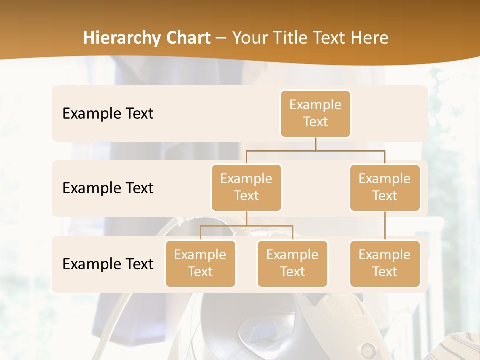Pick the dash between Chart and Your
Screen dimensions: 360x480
click(221, 39)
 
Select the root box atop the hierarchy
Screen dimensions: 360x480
click(315, 114)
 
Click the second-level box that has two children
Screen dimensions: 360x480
click(246, 188)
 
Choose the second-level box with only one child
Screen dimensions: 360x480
click(385, 188)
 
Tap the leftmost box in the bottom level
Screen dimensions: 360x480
click(200, 264)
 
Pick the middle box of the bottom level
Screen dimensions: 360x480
click(292, 264)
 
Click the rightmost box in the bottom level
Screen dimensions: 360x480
click(385, 264)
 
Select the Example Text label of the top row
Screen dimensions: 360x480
click(108, 114)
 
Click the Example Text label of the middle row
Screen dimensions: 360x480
click(108, 188)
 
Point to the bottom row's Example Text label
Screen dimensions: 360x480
click(108, 264)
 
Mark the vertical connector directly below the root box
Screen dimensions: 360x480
click(315, 144)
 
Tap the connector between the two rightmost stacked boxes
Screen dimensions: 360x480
click(385, 226)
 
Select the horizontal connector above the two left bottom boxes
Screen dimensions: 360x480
click(246, 226)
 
